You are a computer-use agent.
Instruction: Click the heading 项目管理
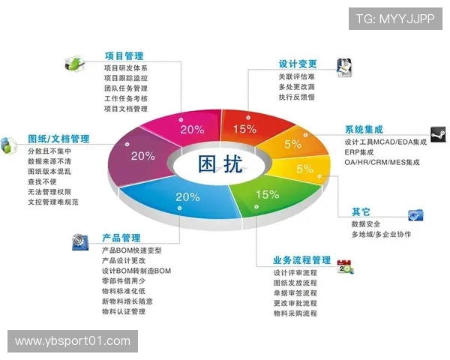124,55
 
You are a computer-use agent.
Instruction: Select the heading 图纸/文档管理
58,139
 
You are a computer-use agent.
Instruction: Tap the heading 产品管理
121,238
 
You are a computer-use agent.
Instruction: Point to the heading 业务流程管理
301,260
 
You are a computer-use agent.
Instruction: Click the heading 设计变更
298,64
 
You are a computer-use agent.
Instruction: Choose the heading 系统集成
364,129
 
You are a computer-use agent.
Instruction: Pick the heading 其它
361,211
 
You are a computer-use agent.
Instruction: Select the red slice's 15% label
244,128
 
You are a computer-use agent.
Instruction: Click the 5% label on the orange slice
292,143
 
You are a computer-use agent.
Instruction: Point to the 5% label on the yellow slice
304,169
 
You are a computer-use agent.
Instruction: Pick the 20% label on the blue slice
187,197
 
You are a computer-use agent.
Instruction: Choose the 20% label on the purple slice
142,156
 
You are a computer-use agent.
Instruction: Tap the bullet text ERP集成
361,152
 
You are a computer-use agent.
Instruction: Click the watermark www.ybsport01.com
72,341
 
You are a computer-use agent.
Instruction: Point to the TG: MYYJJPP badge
395,19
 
